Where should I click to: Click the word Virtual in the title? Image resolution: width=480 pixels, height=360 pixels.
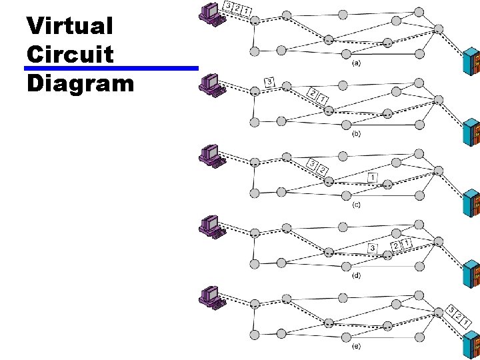70,27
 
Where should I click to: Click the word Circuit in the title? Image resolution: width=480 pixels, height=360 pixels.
70,55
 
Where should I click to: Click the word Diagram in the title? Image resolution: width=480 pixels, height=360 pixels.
81,83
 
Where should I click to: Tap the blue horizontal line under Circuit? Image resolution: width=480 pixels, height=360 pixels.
111,68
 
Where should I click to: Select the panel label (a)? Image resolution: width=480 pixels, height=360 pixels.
357,64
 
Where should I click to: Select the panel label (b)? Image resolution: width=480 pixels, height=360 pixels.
357,134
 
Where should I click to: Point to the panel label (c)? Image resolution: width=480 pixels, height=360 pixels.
357,205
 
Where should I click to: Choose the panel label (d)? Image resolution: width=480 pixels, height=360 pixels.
357,275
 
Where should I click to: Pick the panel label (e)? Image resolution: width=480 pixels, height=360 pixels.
357,346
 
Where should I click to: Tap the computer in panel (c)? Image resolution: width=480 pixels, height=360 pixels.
212,155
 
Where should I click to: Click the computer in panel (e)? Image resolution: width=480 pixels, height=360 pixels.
212,297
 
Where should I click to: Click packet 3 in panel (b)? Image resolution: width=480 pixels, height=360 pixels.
270,82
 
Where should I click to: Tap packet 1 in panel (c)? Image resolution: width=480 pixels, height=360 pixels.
372,177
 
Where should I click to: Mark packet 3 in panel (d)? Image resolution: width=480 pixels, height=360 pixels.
372,249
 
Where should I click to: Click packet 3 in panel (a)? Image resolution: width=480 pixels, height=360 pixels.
229,6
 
